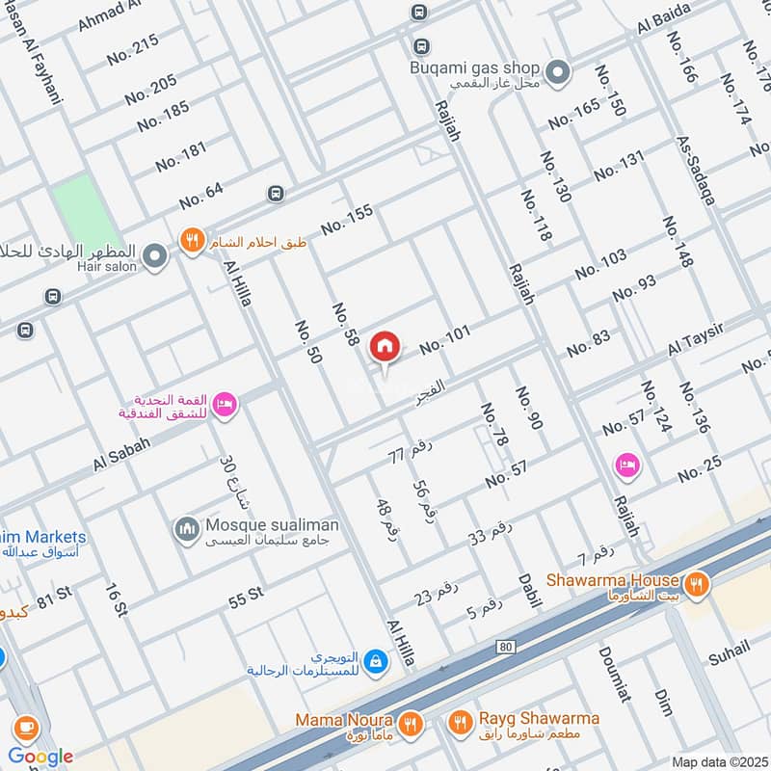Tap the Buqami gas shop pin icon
tap(557, 71)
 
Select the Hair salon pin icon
tap(154, 256)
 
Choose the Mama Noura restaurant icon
tap(412, 722)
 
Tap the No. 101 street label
tap(444, 338)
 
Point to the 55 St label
tap(247, 596)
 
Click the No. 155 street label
tap(347, 220)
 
